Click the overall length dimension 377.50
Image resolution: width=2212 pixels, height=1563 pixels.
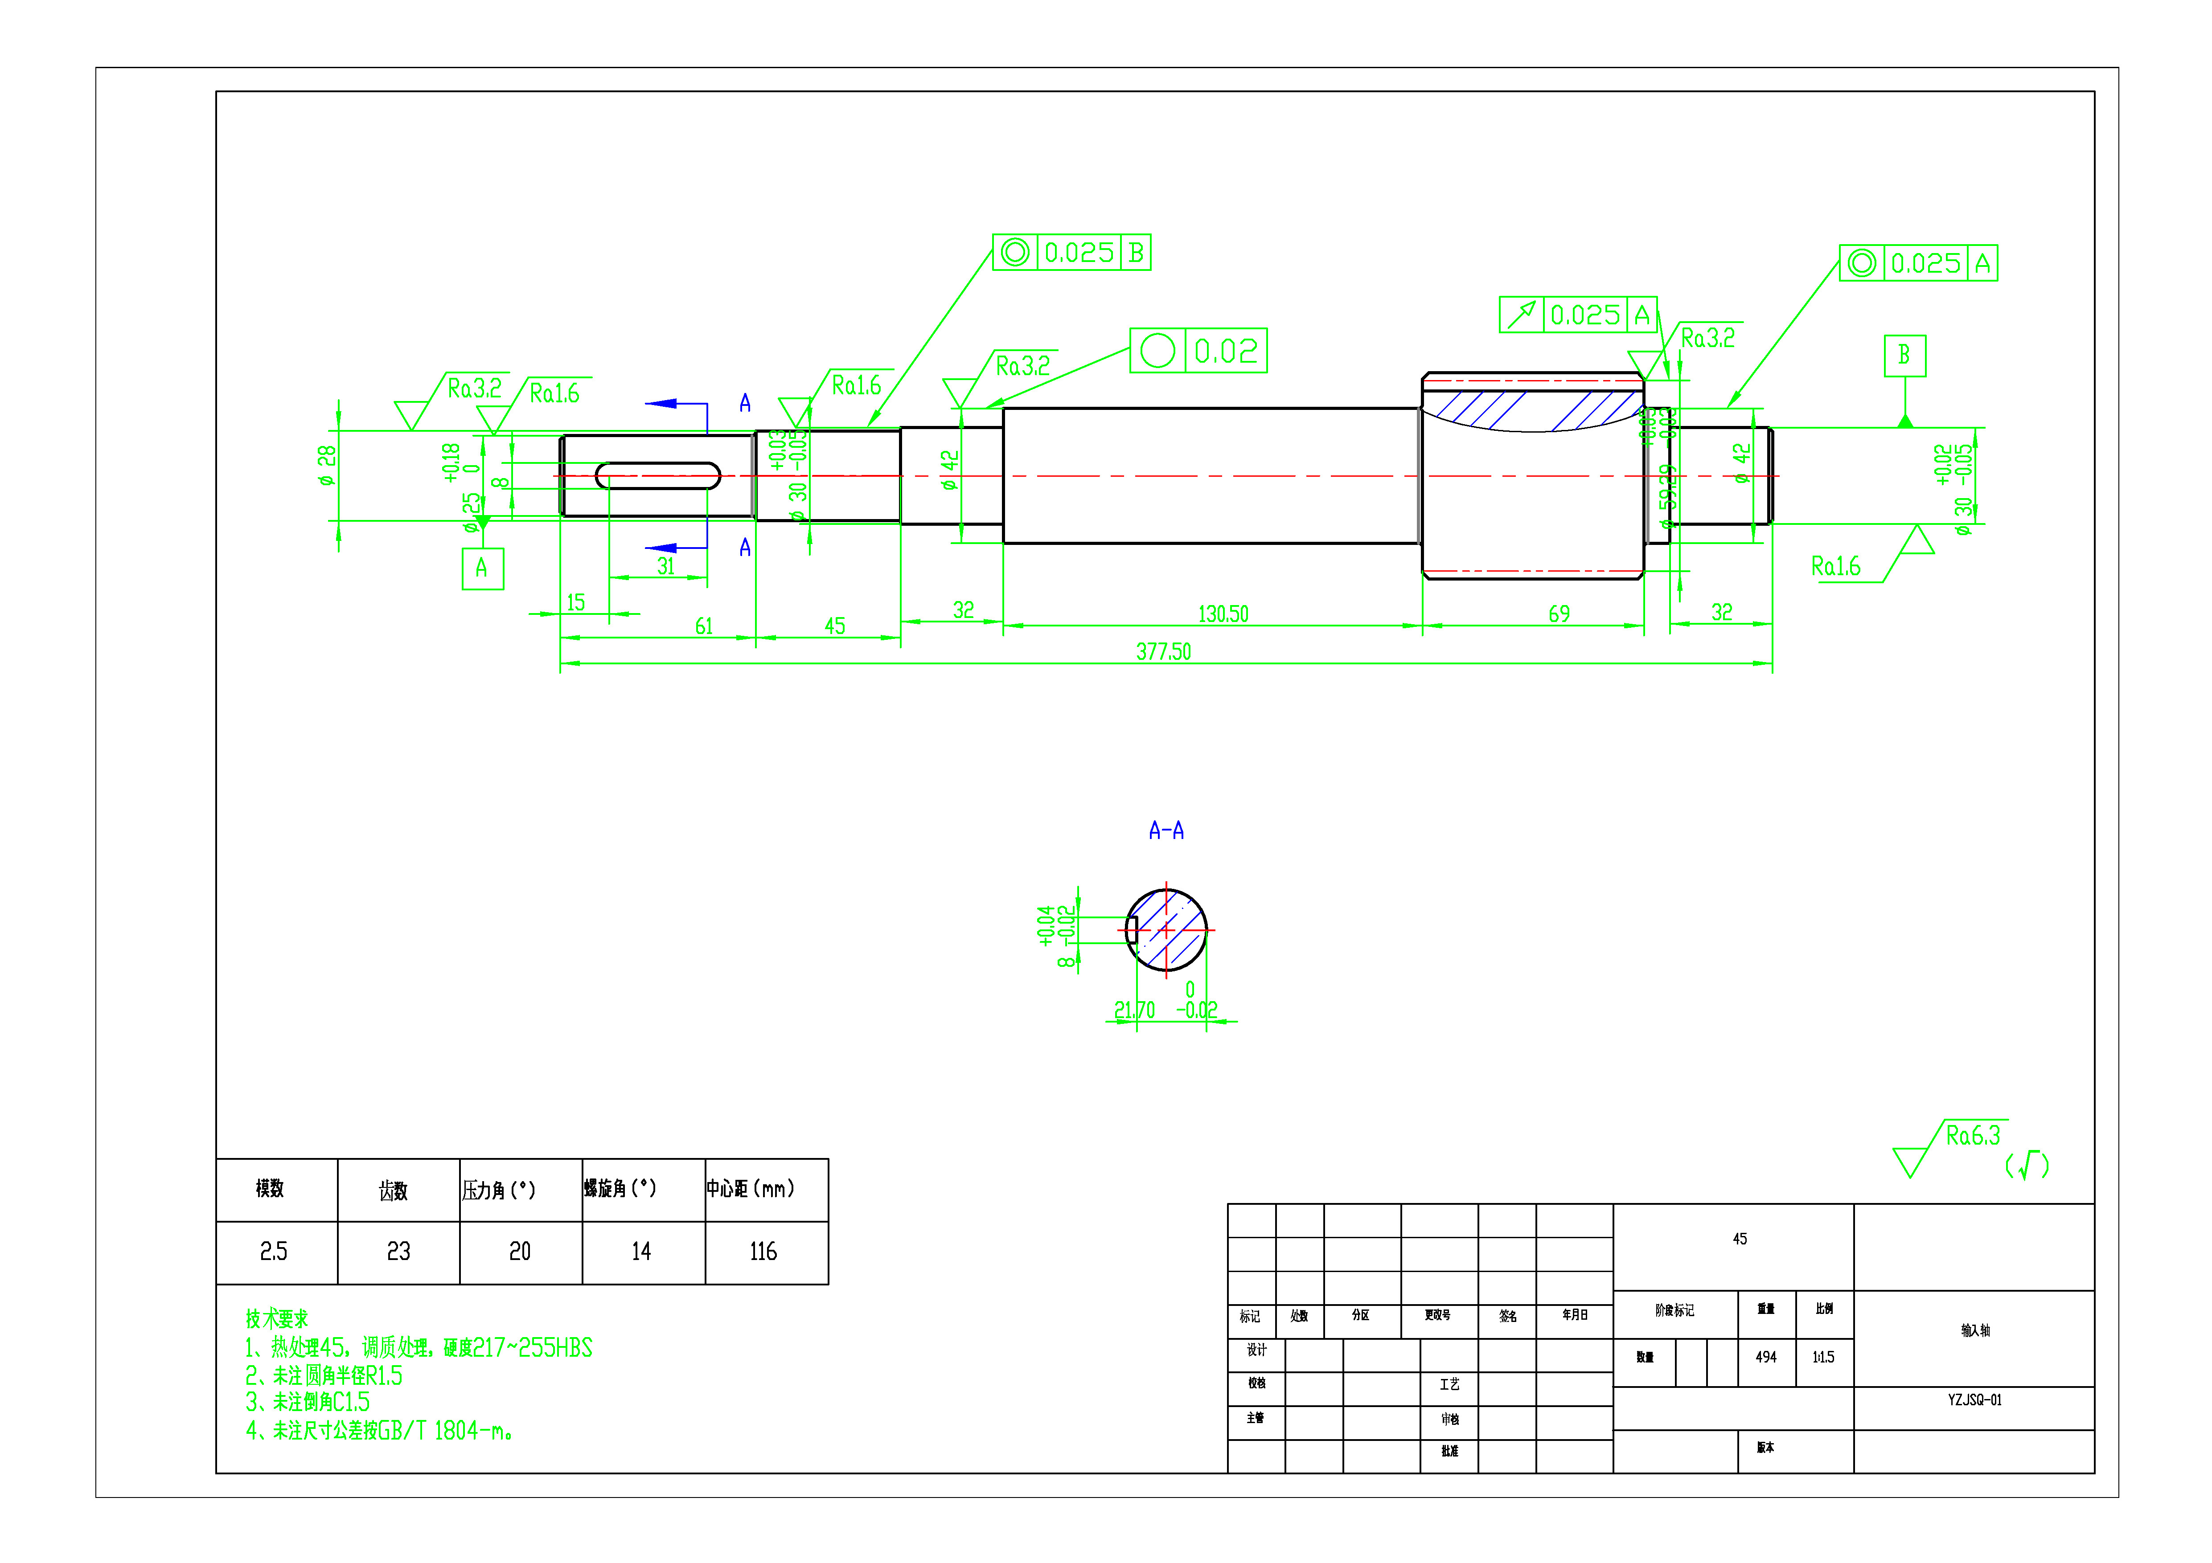point(1163,652)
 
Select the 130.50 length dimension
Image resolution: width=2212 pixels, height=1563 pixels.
point(1223,614)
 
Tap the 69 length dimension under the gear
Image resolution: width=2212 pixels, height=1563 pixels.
point(1559,614)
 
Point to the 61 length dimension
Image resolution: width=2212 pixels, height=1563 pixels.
point(704,627)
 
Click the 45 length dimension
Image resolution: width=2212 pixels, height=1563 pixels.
point(834,627)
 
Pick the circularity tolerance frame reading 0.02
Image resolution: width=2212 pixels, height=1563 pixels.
point(1198,351)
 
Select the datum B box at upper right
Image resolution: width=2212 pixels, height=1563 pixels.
point(1904,356)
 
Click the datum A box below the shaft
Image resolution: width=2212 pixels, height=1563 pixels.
point(482,568)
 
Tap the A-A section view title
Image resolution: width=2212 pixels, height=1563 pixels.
point(1166,830)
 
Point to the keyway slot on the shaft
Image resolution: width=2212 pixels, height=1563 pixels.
point(658,476)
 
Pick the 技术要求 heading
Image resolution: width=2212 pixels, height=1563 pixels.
point(276,1318)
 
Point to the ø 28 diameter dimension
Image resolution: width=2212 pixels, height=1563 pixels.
point(328,465)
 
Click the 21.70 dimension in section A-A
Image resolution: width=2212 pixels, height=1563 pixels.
point(1134,1010)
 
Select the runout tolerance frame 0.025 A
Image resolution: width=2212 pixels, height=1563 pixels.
point(1577,315)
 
